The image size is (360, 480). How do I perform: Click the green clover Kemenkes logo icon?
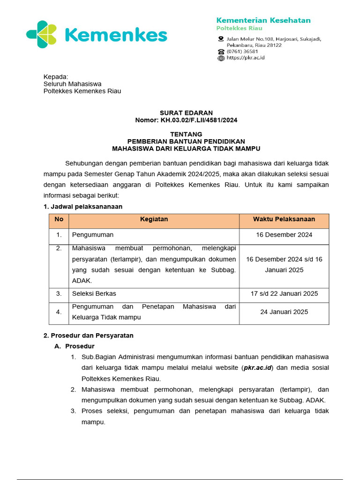(42, 34)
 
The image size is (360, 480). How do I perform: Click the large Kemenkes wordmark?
(115, 35)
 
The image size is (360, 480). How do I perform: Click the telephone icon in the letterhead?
(221, 52)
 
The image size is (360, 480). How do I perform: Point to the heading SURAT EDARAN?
(186, 112)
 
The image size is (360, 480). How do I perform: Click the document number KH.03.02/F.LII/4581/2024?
(199, 120)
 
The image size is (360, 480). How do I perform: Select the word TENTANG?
(186, 134)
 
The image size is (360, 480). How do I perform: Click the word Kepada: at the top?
(56, 76)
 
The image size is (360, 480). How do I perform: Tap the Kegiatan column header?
(154, 219)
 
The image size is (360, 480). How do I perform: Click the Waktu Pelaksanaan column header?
(284, 219)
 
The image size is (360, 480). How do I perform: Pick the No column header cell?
(59, 219)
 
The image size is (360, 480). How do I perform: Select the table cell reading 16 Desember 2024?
(284, 235)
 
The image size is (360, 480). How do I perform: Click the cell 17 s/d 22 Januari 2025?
(284, 294)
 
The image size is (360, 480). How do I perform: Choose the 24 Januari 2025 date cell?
(284, 312)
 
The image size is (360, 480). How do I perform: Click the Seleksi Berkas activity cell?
(94, 294)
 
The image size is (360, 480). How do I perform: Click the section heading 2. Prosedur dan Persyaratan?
(89, 336)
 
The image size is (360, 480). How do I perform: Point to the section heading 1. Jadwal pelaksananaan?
(83, 207)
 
